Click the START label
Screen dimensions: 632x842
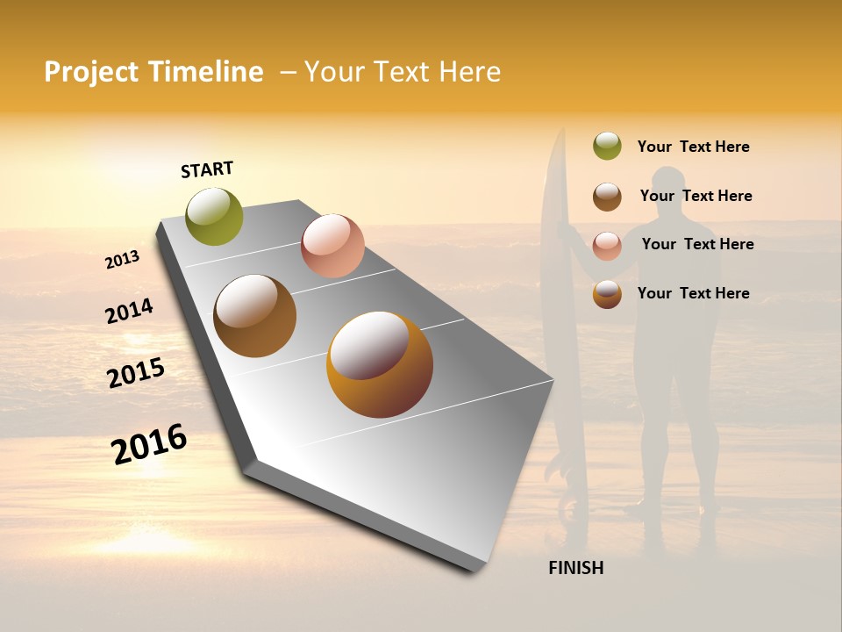(207, 169)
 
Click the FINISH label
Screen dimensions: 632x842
(575, 568)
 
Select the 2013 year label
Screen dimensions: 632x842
(122, 260)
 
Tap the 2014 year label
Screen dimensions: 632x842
(129, 311)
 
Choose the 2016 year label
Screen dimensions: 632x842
(149, 443)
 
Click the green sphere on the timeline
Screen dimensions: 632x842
(215, 216)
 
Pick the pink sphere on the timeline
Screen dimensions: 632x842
(332, 246)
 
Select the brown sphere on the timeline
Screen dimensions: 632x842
(255, 316)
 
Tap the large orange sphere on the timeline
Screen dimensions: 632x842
(380, 364)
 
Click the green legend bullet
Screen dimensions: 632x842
(607, 147)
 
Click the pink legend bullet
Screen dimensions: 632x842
(607, 246)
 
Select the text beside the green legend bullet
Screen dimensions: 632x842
(693, 147)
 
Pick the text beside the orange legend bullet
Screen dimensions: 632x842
(693, 293)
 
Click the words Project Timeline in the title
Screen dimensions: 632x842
(153, 72)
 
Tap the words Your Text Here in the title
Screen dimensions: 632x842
(403, 72)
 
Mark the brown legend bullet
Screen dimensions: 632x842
(607, 197)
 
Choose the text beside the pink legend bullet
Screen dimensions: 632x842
(697, 244)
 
